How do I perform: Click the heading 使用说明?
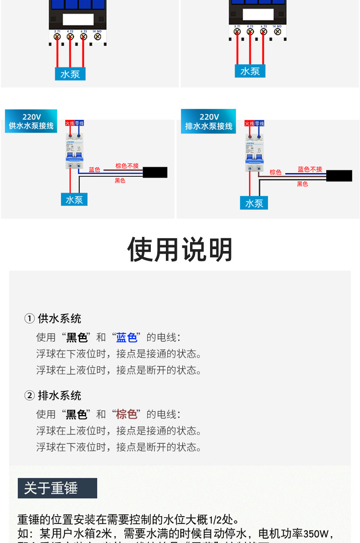[180, 250]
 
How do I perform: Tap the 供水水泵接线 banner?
[31, 121]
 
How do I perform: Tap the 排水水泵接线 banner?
[208, 122]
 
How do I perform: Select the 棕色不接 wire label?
[127, 166]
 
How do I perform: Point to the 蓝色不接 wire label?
[310, 169]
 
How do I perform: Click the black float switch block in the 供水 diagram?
[155, 173]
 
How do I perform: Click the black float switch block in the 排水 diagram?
[339, 176]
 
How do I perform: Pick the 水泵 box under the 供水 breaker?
[74, 200]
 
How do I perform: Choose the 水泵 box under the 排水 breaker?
[254, 203]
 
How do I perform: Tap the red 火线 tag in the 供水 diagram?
[70, 123]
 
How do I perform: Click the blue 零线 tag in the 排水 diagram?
[260, 123]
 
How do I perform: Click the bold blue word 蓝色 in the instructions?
[126, 338]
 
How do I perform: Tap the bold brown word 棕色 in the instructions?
[126, 414]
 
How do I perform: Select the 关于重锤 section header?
[57, 488]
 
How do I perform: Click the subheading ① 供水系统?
[53, 319]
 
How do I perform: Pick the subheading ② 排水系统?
[53, 395]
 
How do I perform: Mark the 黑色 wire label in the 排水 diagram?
[303, 184]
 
